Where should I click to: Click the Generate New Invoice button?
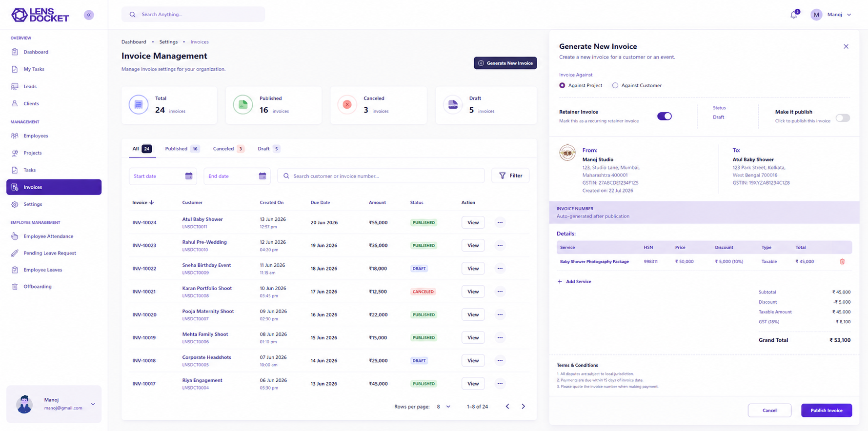[505, 63]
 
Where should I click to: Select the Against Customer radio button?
[615, 85]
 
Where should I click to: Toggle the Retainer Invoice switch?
[664, 116]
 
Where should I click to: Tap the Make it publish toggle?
[843, 118]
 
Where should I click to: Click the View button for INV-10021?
[473, 292]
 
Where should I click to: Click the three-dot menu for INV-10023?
[500, 245]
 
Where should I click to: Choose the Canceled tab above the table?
[228, 149]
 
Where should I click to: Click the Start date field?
[162, 176]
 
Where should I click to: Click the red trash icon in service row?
[842, 262]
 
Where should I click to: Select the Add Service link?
[574, 281]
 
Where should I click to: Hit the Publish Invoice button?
[827, 411]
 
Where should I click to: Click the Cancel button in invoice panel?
[769, 411]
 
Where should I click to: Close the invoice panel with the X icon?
[846, 46]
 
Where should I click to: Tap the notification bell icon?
[794, 15]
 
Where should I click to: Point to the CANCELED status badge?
[423, 292]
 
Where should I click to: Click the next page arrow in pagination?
[523, 406]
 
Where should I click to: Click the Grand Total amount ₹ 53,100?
[840, 340]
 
